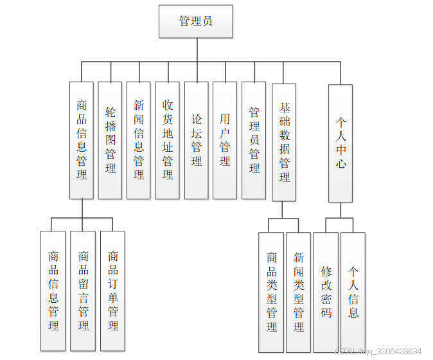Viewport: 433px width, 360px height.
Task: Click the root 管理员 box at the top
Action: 196,21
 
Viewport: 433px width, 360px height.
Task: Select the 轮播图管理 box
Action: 110,140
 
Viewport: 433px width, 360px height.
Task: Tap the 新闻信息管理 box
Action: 139,140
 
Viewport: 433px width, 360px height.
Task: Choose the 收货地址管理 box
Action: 168,140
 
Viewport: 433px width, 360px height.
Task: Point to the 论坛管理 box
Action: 197,140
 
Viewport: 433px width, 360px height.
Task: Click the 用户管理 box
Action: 225,140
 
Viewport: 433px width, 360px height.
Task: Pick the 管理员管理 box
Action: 254,140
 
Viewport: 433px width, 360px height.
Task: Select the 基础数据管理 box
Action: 284,141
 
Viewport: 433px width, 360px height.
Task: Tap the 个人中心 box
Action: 340,143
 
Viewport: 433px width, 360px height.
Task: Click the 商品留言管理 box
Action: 83,291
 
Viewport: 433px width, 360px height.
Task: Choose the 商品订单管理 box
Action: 112,291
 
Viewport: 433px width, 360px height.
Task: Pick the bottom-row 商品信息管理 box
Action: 53,291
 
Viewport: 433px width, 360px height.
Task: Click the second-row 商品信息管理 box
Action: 82,140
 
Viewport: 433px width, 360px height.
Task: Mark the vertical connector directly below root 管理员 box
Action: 197,50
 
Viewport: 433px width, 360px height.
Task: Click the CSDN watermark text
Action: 379,351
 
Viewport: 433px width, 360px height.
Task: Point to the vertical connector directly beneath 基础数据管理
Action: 283,210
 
